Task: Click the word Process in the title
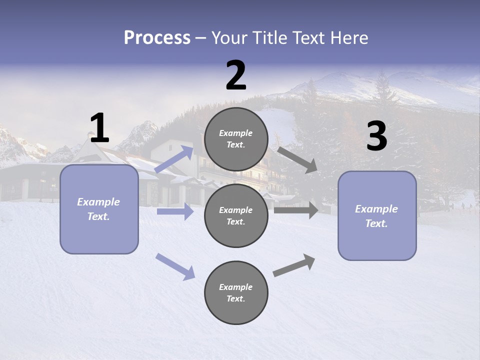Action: [157, 38]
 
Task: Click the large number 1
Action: [99, 128]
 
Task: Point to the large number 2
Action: [236, 75]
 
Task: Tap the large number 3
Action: [376, 136]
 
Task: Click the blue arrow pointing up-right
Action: [174, 159]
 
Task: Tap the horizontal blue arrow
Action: [175, 211]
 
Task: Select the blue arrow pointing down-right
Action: [175, 266]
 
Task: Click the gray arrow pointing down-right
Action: [297, 159]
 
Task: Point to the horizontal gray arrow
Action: [296, 210]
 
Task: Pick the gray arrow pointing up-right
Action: [294, 265]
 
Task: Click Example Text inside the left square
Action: [98, 209]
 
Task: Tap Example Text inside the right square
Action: [376, 216]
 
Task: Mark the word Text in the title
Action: [309, 38]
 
